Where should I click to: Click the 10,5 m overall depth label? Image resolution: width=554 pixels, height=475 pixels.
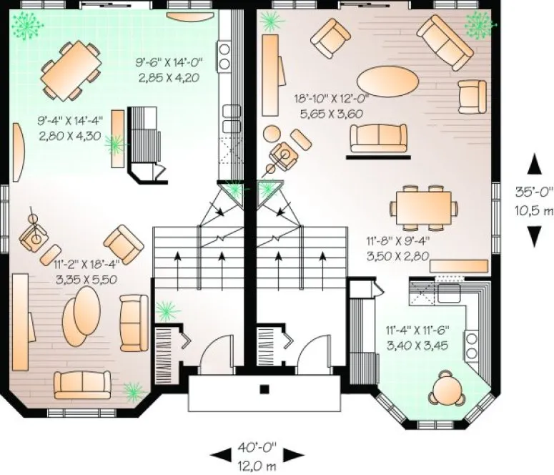(534, 211)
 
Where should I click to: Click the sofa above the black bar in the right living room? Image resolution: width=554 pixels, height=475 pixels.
(381, 136)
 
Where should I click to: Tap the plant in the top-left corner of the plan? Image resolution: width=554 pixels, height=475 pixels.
(28, 26)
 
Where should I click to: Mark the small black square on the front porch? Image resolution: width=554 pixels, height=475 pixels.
(264, 390)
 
